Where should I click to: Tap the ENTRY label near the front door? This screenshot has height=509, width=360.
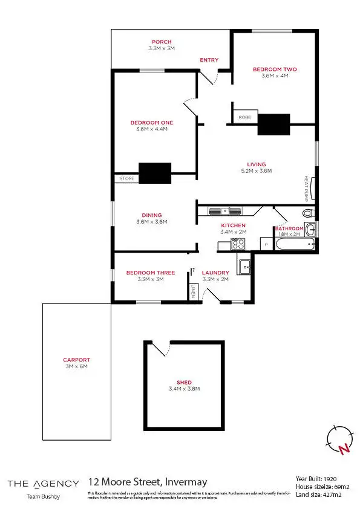(209, 60)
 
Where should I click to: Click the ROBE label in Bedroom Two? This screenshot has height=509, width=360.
(244, 117)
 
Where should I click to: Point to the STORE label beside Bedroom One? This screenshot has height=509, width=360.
(126, 178)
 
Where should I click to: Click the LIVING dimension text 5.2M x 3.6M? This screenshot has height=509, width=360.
(256, 171)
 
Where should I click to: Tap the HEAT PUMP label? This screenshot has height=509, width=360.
(306, 188)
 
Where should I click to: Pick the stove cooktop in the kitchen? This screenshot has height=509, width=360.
(238, 244)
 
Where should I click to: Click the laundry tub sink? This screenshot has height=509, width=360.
(245, 266)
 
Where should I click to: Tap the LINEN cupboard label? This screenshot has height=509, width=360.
(193, 291)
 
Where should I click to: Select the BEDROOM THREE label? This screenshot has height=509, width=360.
(151, 273)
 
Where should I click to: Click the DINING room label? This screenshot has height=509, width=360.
(151, 215)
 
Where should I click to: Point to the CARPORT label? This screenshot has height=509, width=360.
(76, 360)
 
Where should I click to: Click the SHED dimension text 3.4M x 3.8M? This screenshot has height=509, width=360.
(184, 389)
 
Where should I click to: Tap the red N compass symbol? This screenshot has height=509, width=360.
(344, 449)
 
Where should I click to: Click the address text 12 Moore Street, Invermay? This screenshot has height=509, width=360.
(148, 482)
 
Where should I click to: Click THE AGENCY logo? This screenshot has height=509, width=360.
(42, 483)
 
